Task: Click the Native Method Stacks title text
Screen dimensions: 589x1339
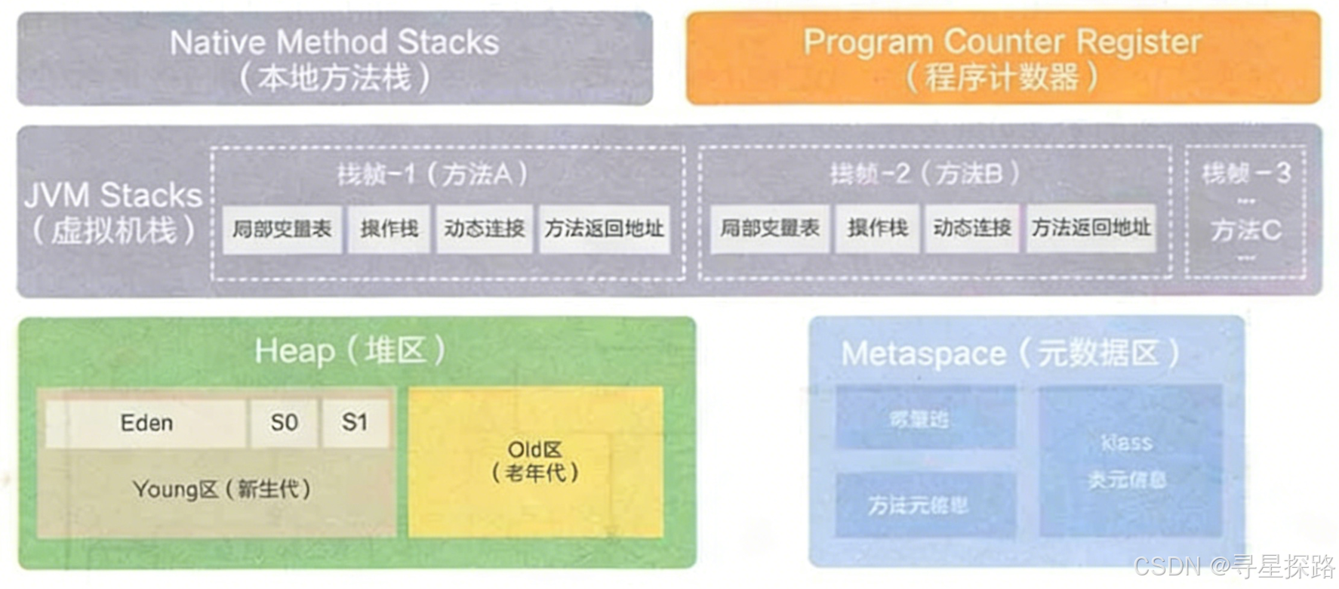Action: [334, 42]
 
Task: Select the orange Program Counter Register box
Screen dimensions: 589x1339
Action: [1002, 58]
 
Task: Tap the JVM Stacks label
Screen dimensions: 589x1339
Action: [113, 196]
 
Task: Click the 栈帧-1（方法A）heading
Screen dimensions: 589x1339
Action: [432, 174]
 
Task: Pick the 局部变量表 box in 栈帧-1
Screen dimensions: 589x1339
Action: [282, 229]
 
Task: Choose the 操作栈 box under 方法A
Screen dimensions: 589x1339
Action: [389, 229]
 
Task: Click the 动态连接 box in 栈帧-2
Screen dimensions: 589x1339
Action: [972, 228]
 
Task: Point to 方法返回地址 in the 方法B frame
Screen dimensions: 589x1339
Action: [1091, 228]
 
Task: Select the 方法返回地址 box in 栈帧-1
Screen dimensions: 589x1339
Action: [604, 229]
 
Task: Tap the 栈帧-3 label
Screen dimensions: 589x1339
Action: [1246, 174]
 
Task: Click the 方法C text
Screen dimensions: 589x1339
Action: [1246, 230]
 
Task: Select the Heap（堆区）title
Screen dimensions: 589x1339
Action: [349, 351]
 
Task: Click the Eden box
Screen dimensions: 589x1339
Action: [146, 423]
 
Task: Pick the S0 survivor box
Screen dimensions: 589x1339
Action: [284, 423]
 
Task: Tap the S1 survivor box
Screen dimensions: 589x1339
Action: [355, 422]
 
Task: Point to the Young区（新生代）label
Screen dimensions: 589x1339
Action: [222, 489]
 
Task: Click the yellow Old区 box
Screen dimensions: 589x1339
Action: [535, 461]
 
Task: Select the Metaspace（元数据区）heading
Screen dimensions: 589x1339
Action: [1010, 353]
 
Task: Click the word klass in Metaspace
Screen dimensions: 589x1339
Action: [1126, 443]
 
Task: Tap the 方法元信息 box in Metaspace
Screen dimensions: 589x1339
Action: [918, 504]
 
